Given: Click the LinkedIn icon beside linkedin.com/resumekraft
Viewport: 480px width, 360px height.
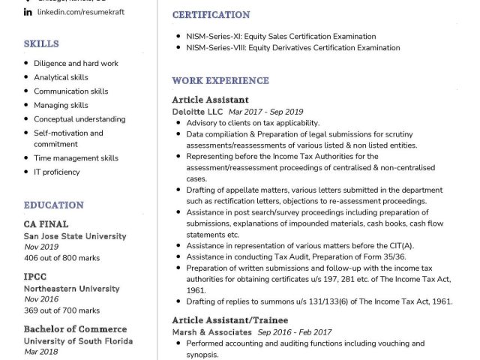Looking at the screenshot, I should tap(28, 13).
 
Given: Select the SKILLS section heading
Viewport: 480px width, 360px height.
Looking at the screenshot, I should tap(41, 44).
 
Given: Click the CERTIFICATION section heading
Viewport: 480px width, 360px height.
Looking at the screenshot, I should tap(211, 15).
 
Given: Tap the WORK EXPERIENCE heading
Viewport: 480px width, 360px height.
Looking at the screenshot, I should tap(220, 80).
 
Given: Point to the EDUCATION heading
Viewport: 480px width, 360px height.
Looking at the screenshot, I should tap(53, 205).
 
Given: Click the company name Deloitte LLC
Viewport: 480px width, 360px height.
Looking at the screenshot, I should tap(193, 111).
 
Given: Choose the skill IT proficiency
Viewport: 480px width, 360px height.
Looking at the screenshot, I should tap(56, 172).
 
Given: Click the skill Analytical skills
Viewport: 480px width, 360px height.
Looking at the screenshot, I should tap(61, 77).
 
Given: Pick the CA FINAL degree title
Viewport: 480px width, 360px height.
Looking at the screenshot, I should tap(46, 223).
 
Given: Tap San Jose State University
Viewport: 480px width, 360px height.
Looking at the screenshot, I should tap(74, 235).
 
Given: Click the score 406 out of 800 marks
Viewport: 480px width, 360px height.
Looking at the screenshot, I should tap(61, 259).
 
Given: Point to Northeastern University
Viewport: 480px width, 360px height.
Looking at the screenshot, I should tap(72, 289).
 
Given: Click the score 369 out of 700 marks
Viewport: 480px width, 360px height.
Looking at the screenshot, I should tap(61, 310).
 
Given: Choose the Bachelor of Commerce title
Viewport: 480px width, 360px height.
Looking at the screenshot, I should tap(75, 328).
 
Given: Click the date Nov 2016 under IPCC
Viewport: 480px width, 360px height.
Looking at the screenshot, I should tap(41, 299).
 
